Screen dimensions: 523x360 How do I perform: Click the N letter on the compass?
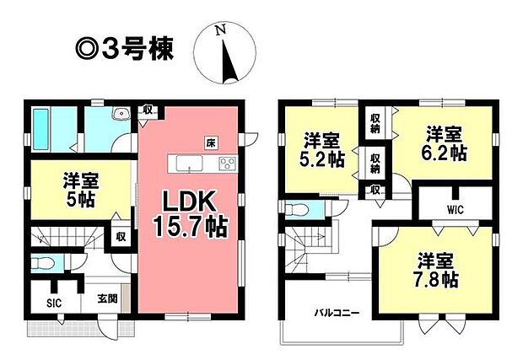point(220,30)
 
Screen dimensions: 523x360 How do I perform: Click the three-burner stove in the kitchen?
point(228,164)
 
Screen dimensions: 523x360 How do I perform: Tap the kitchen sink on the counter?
point(190,164)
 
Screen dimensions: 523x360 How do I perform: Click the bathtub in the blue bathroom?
point(41,130)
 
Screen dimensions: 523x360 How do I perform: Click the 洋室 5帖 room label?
point(80,191)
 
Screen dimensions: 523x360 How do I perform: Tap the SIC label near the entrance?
point(54,304)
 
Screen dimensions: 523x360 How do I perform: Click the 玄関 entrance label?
point(107,298)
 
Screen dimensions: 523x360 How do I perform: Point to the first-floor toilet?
point(42,264)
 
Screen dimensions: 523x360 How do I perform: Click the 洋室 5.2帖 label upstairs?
point(321,150)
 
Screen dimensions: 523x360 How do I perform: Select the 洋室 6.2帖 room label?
point(444,143)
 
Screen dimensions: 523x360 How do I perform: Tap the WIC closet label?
point(456,210)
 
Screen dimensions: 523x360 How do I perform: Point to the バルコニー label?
point(337,314)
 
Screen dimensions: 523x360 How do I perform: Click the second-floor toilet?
point(298,210)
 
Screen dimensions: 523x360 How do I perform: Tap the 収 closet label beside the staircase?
point(121,237)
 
